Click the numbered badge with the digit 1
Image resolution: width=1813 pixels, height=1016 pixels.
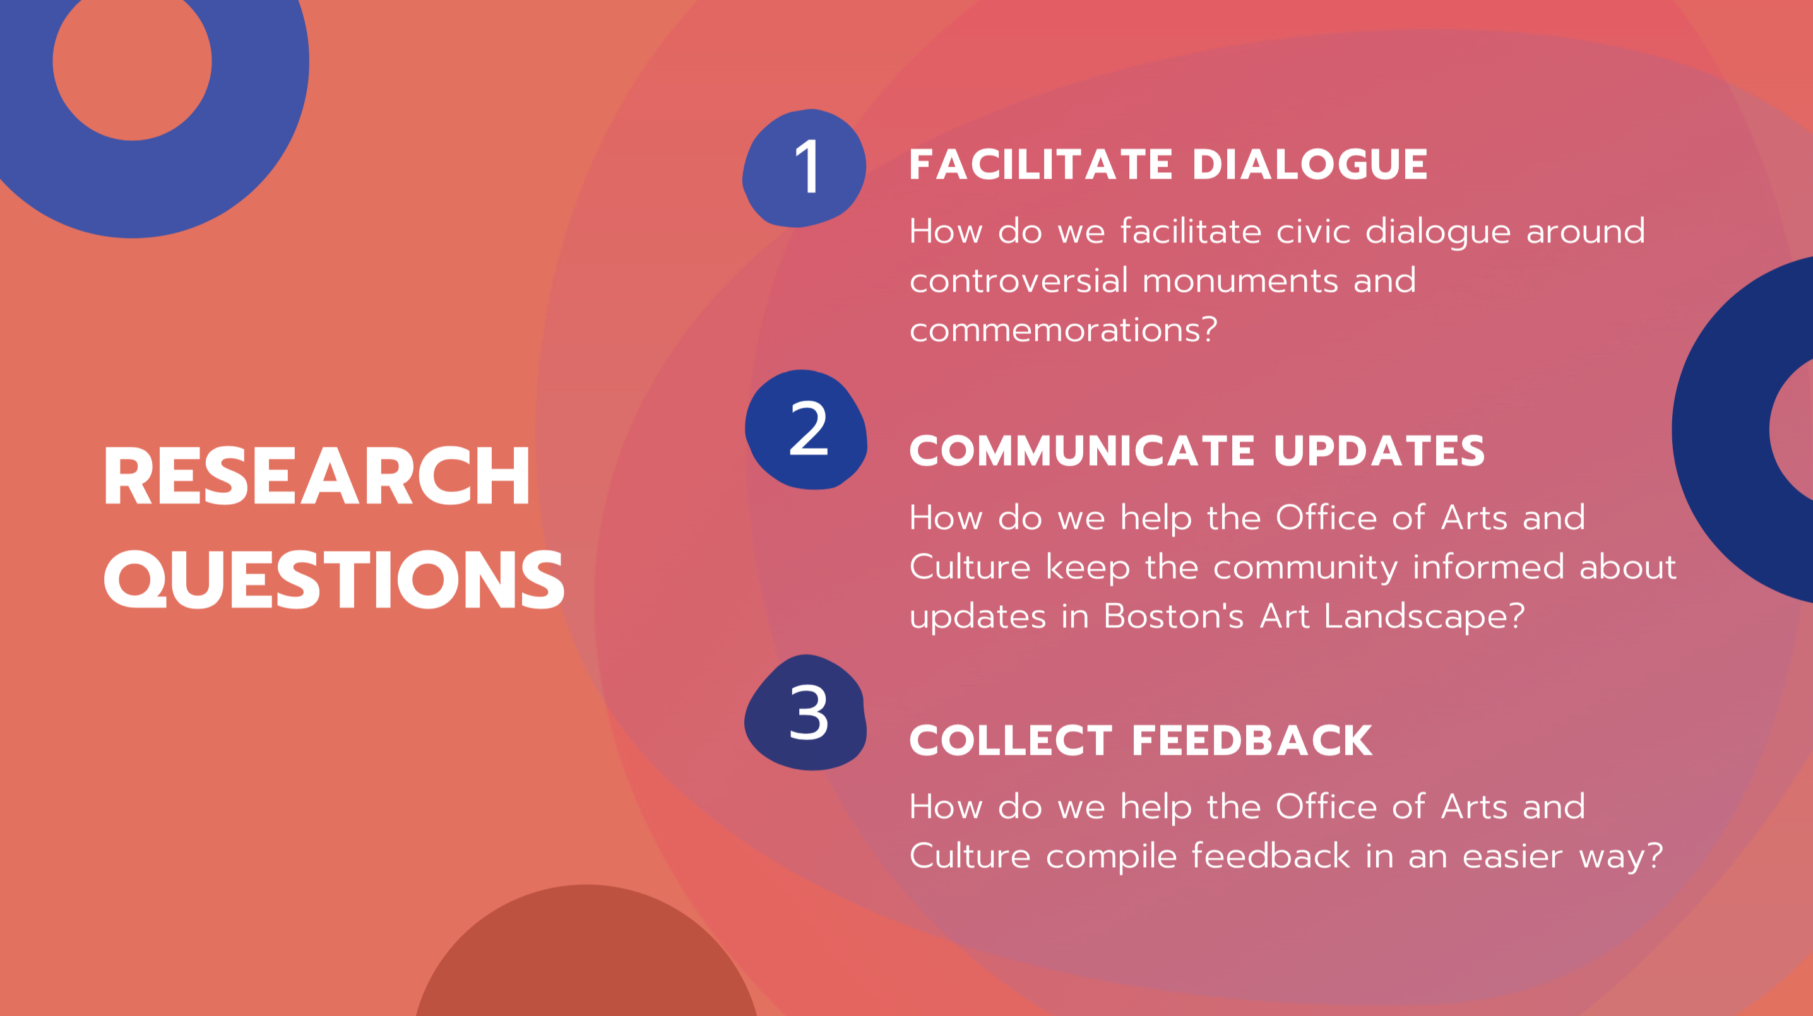(804, 167)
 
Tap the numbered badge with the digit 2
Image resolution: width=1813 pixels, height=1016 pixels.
(806, 429)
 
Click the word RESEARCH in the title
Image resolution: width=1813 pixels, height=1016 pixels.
(317, 476)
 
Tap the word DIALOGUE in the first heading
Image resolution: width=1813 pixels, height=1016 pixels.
(1310, 165)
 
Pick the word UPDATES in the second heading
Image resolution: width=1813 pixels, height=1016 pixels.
(1379, 451)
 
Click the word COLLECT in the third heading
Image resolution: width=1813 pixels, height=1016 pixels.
(1011, 740)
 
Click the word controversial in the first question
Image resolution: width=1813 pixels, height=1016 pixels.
(1019, 281)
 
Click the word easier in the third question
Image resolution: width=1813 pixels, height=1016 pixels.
(1513, 857)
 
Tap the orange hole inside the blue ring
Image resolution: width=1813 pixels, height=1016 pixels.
(133, 62)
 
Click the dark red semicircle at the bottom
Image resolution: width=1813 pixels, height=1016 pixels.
(586, 957)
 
